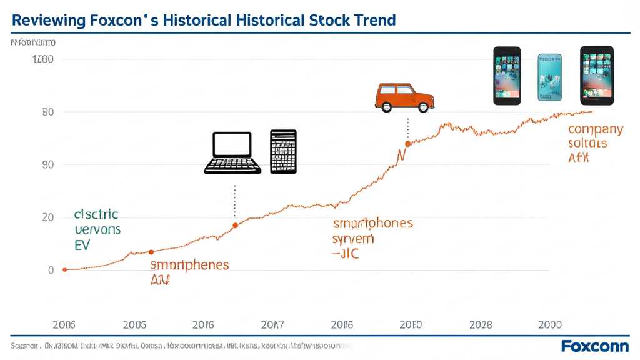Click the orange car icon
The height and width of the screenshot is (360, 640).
(x=404, y=97)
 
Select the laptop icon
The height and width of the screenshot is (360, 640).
(x=232, y=152)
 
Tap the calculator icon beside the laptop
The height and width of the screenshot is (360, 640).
(x=283, y=152)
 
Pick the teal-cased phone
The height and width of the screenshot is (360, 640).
(x=550, y=77)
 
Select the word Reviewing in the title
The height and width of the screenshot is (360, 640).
(x=49, y=20)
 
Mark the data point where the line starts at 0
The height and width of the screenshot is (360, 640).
(x=64, y=270)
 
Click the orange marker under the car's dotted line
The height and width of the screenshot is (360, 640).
(x=407, y=144)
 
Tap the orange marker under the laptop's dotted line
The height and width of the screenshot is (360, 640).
(x=235, y=226)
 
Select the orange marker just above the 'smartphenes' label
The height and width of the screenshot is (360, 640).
(x=151, y=252)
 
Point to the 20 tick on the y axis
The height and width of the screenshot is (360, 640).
(x=47, y=217)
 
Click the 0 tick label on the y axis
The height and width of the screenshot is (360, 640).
(x=51, y=271)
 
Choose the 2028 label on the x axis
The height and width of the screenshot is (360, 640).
(x=481, y=325)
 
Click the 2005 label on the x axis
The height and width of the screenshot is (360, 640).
(x=134, y=325)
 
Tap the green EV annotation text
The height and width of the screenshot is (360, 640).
(x=82, y=245)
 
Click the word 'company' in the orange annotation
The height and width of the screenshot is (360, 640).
(x=595, y=129)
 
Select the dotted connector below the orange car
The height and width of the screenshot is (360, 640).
(x=407, y=128)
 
